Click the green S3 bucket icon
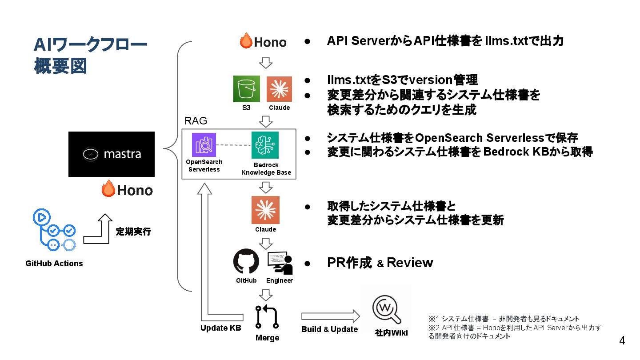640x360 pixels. pos(247,89)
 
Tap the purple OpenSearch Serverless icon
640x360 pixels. pos(204,145)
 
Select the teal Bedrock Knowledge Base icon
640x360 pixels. pos(265,145)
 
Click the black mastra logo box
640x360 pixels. pos(112,154)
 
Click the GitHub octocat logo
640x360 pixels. pos(246,261)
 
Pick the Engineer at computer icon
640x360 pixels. pos(280,263)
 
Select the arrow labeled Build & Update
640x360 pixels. pos(330,316)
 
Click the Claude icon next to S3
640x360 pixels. pos(279,89)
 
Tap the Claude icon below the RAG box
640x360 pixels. pos(265,210)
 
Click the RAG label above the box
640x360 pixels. pos(196,121)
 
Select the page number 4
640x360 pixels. pos(622,341)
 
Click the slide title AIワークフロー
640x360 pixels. pos(91,45)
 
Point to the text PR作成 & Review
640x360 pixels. pos(380,263)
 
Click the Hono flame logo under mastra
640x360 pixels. pos(128,190)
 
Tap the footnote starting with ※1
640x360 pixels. pos(504,319)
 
